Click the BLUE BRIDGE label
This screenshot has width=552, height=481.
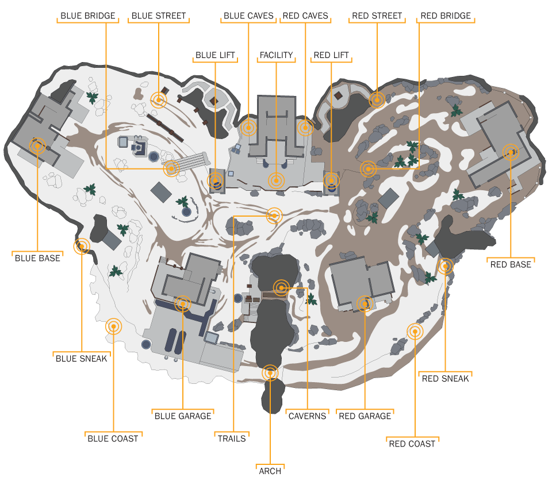point(87,16)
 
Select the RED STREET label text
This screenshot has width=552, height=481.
point(377,16)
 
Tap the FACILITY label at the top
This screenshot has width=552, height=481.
point(276,55)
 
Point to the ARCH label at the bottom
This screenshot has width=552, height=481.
point(270,471)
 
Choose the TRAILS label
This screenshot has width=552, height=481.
point(232,438)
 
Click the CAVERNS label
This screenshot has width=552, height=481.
point(307,416)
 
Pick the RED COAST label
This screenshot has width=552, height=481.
point(412,444)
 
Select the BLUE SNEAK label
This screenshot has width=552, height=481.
point(81,359)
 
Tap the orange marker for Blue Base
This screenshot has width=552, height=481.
point(37,146)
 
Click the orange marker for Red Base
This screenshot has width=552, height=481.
point(510,152)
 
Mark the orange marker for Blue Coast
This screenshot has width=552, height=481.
point(114,326)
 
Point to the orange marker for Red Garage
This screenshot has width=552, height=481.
point(365,303)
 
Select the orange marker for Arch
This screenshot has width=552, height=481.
point(270,373)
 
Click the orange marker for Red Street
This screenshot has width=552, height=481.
point(377,100)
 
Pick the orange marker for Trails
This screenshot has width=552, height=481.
point(275,216)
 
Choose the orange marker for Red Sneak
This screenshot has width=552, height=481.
point(445,266)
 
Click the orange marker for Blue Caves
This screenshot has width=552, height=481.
point(248,128)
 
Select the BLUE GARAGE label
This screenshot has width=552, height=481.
point(183,415)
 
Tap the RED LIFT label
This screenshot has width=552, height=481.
point(331,55)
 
